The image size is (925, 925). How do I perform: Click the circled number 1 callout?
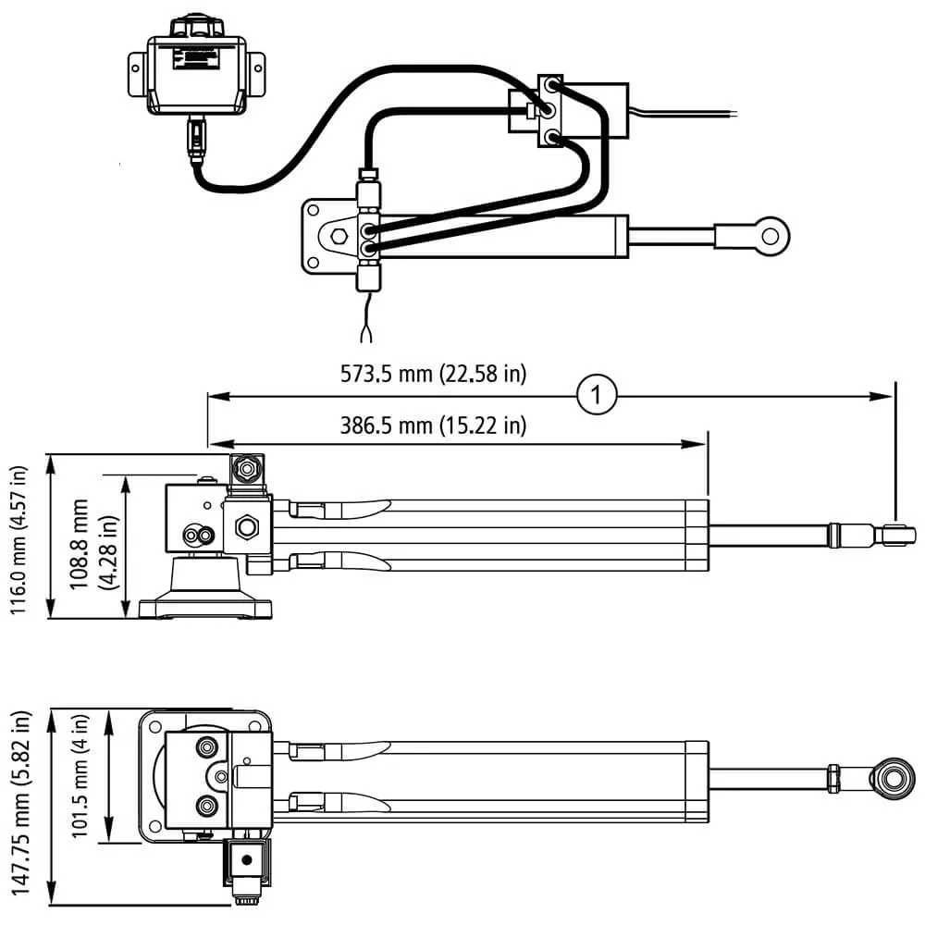(597, 395)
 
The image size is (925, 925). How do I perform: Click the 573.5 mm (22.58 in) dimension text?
(433, 374)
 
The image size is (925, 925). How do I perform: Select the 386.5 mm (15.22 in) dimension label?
(433, 425)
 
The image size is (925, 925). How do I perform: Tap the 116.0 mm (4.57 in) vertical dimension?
(18, 540)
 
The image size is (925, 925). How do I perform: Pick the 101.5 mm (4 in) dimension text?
(80, 776)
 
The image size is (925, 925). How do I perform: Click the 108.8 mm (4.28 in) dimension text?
(93, 544)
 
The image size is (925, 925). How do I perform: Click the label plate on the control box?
(196, 59)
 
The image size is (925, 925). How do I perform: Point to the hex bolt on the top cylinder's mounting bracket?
(339, 236)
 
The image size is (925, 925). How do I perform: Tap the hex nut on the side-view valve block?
(245, 526)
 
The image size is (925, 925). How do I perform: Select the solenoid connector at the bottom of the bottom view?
(247, 868)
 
